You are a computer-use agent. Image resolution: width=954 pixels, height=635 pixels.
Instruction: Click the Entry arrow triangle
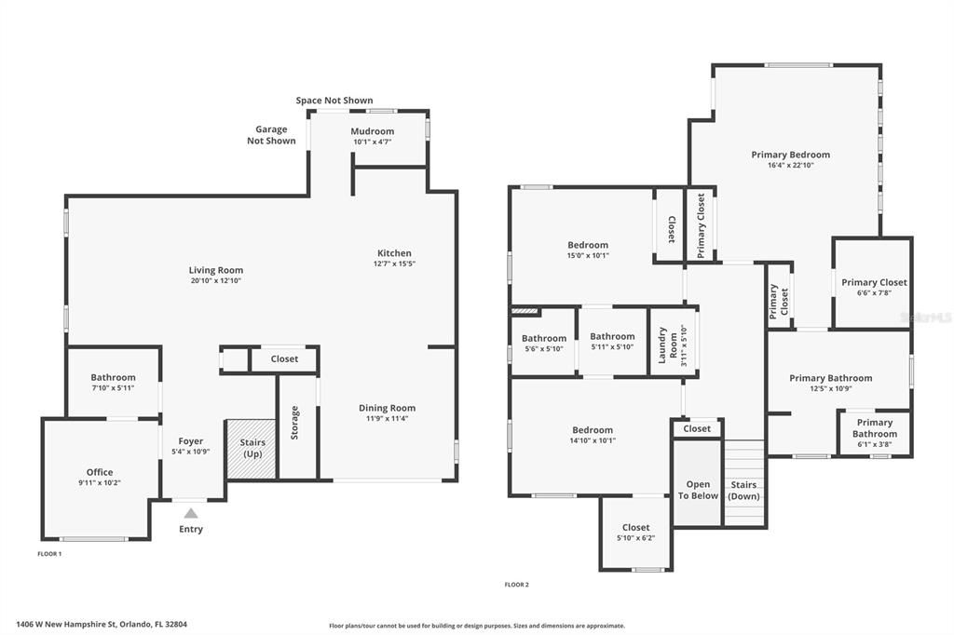(x=191, y=513)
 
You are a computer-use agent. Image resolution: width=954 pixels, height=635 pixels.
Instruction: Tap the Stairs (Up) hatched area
(x=252, y=449)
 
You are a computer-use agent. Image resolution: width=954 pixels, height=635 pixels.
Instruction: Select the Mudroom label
(x=373, y=130)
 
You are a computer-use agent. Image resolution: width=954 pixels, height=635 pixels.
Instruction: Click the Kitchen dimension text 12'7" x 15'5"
(x=394, y=263)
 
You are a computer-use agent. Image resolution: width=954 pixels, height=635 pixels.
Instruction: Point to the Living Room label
(x=216, y=270)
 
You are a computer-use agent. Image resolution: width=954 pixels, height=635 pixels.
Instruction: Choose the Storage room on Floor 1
(x=297, y=427)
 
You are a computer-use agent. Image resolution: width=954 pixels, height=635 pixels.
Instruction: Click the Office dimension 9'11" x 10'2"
(x=100, y=482)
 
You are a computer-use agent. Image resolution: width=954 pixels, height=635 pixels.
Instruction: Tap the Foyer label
(x=191, y=441)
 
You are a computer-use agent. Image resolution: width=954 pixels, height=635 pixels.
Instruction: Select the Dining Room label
(x=387, y=408)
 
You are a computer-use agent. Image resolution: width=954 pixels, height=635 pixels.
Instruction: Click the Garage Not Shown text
(x=271, y=134)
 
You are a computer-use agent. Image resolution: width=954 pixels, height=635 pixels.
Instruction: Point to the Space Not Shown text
(x=334, y=101)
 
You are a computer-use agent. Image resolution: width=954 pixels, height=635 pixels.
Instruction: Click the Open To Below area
(x=697, y=482)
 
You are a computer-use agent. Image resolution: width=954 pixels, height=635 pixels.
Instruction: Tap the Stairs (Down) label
(x=743, y=491)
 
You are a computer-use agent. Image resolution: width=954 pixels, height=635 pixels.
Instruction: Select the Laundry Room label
(x=667, y=345)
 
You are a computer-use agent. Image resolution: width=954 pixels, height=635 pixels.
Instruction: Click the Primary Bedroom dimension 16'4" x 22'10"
(x=791, y=165)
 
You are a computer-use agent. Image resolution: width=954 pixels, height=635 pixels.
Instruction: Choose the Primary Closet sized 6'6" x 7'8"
(x=872, y=283)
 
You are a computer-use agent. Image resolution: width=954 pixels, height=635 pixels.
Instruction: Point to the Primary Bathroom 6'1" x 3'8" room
(x=874, y=432)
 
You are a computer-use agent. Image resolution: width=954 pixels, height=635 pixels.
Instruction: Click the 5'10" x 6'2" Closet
(x=635, y=533)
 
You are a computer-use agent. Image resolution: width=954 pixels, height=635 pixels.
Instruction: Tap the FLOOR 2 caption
(x=516, y=585)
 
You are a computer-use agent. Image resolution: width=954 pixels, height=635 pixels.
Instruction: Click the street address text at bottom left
(x=102, y=624)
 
